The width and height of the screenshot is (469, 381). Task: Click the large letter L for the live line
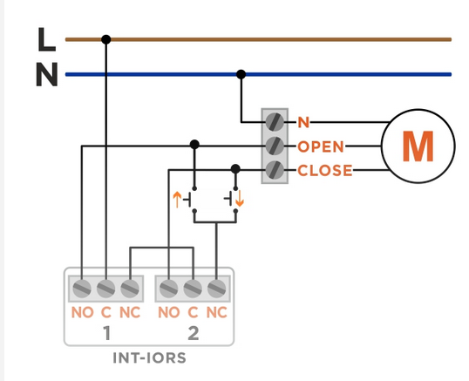click(x=47, y=39)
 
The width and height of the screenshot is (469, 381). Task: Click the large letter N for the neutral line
click(x=47, y=74)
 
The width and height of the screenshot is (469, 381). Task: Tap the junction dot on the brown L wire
click(x=105, y=39)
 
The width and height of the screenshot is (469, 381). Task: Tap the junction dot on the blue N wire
click(x=241, y=74)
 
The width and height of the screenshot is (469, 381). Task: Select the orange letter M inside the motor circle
click(x=418, y=146)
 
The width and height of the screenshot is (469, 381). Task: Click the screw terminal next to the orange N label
click(x=275, y=122)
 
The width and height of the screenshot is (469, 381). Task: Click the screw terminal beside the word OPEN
click(x=275, y=146)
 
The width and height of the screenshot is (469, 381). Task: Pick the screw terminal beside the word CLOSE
click(x=275, y=170)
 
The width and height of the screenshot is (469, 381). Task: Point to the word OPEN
click(x=321, y=146)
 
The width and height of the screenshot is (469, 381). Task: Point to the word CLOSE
click(x=325, y=171)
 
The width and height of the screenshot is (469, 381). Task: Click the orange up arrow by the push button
click(x=177, y=200)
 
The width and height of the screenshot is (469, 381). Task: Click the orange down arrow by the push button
click(x=240, y=199)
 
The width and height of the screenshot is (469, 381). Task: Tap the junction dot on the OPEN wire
click(x=194, y=145)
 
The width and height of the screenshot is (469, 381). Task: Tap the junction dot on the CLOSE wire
click(x=235, y=169)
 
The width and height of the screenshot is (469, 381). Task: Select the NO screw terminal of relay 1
click(x=82, y=289)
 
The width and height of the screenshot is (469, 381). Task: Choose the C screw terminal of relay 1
click(x=105, y=289)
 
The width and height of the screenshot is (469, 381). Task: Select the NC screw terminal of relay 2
click(x=216, y=289)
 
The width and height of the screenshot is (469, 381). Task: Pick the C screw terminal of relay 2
click(x=193, y=289)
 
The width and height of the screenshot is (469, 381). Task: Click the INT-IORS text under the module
click(x=150, y=358)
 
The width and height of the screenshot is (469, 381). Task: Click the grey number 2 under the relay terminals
click(x=194, y=333)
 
